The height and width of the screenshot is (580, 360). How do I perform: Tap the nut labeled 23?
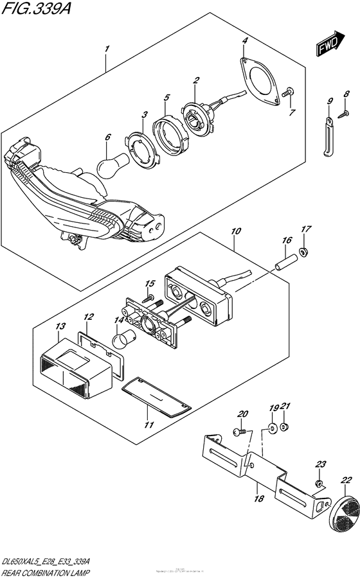coord(318,483)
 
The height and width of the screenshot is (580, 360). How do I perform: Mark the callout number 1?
coord(107,49)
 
